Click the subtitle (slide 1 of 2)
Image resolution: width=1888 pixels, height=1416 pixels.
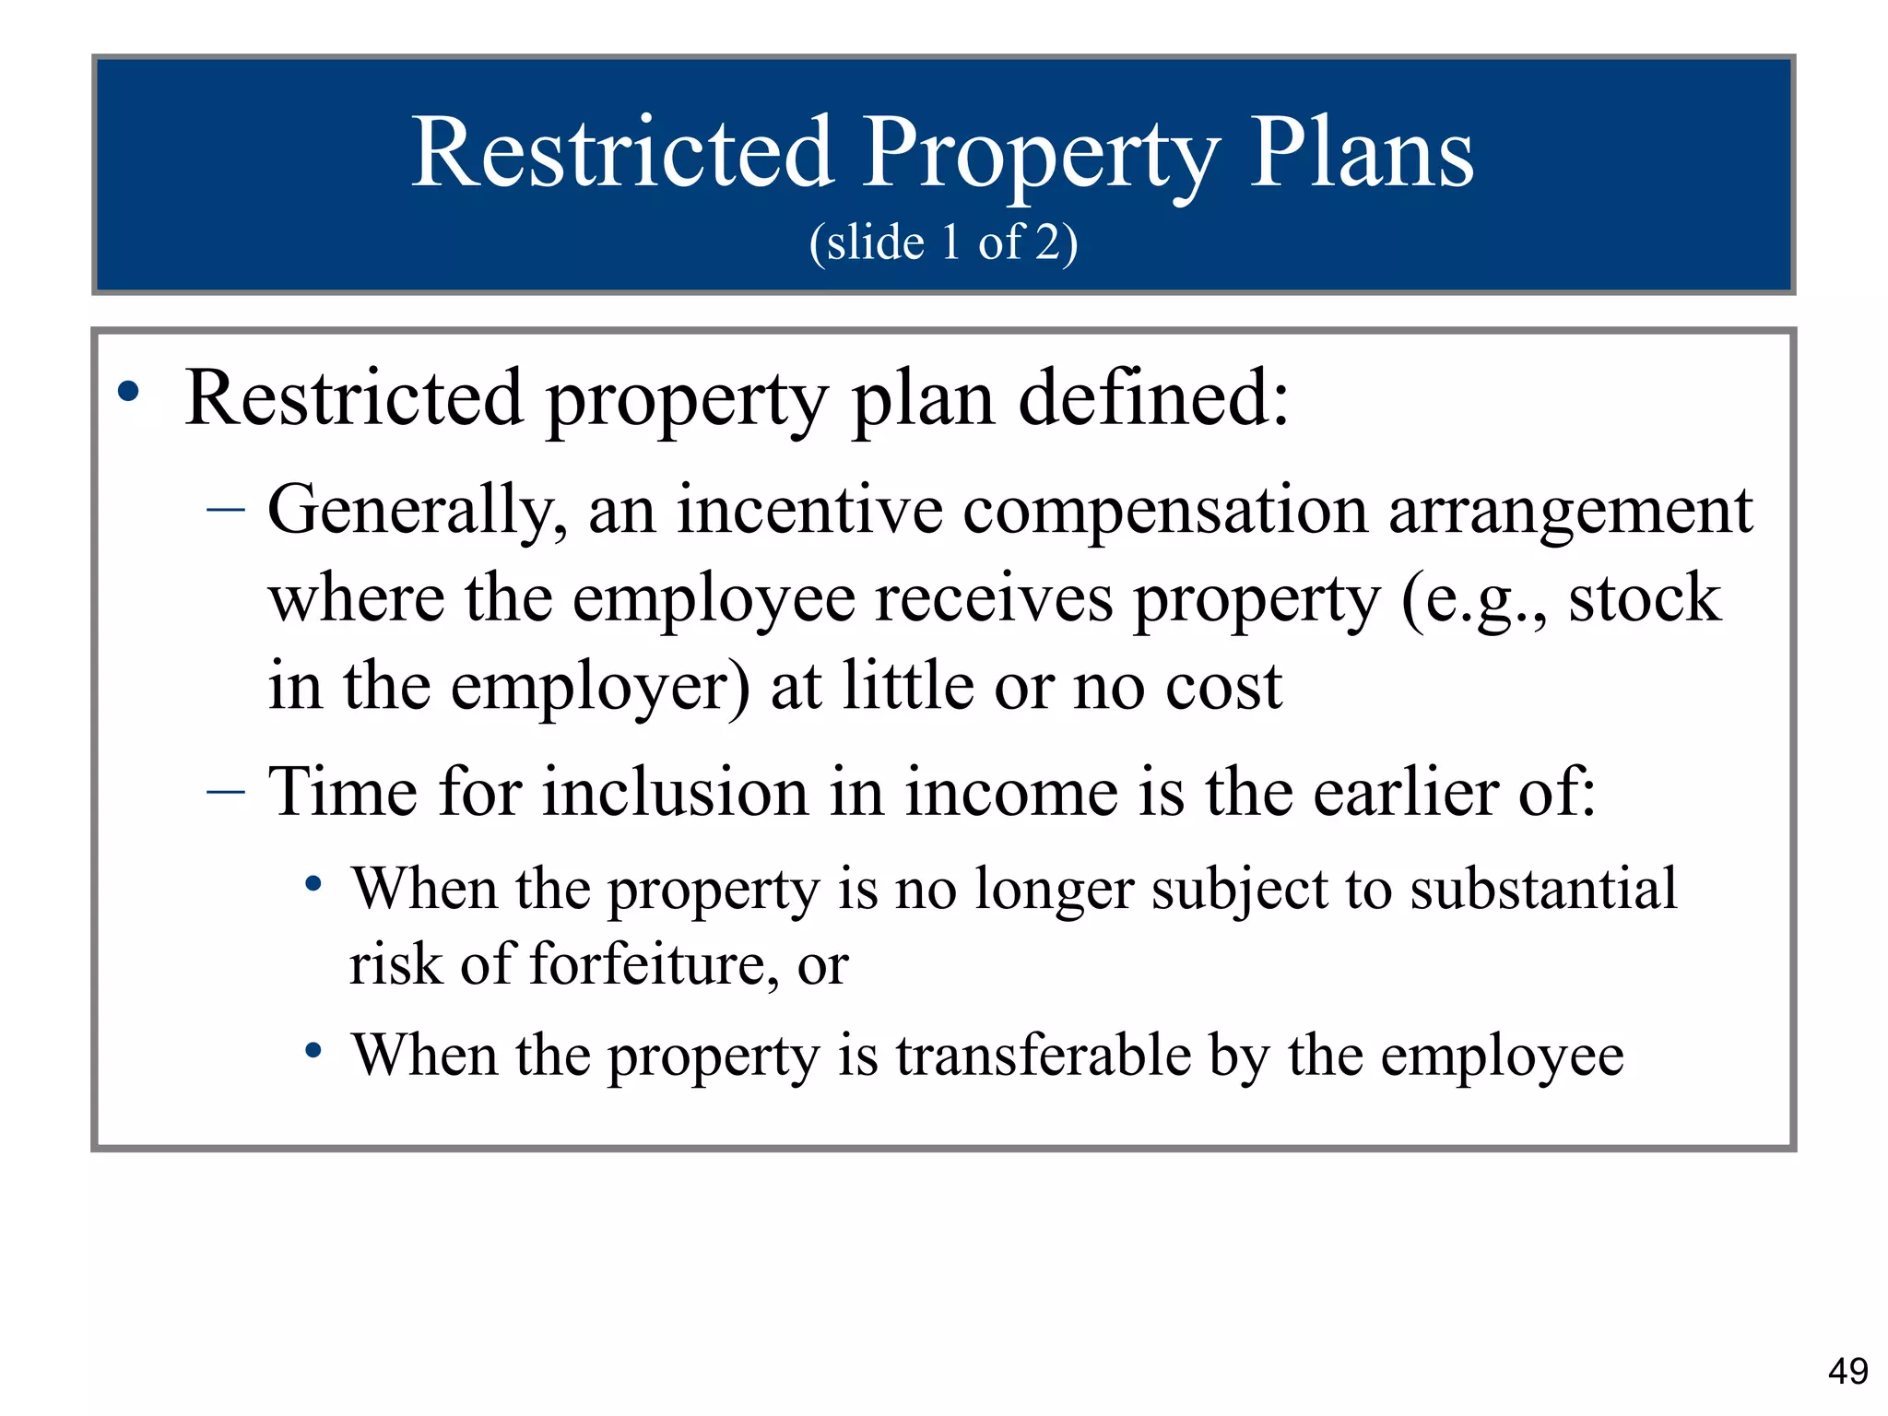943,242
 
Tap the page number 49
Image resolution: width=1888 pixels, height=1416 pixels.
1847,1371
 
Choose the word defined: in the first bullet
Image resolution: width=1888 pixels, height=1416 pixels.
1153,398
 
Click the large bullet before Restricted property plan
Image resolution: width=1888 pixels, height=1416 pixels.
129,392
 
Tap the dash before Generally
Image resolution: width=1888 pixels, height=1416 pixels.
226,509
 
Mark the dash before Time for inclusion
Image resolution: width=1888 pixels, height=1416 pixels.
226,791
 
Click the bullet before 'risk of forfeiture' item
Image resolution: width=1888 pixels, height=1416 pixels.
313,885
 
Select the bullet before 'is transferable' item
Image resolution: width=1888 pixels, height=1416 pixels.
313,1050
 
